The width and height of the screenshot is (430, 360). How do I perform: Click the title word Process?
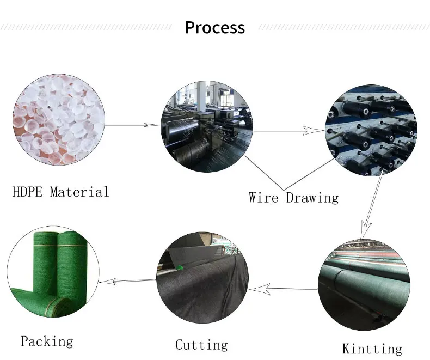click(x=215, y=27)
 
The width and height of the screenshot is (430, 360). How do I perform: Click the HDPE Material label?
click(x=60, y=192)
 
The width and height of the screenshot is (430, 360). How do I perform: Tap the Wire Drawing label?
click(x=293, y=197)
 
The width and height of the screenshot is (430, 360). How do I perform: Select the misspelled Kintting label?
click(x=372, y=349)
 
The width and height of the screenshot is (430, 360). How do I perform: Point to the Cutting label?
click(x=201, y=345)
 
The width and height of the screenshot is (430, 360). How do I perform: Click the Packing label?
click(x=47, y=341)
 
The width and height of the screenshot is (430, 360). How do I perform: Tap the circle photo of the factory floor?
click(x=207, y=126)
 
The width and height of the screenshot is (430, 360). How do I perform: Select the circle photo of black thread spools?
click(x=371, y=130)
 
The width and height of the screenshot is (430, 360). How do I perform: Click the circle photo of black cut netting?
click(x=203, y=278)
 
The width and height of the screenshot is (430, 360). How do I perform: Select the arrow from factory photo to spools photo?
click(x=289, y=131)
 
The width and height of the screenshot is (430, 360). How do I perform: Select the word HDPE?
click(x=28, y=192)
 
